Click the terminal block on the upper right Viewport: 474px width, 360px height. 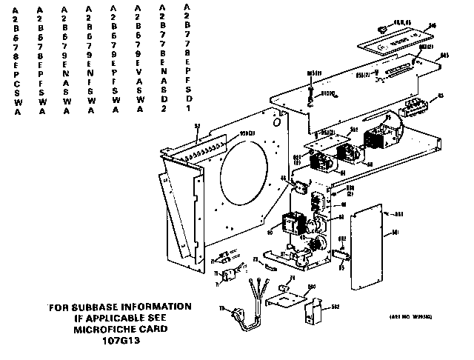(415, 109)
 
